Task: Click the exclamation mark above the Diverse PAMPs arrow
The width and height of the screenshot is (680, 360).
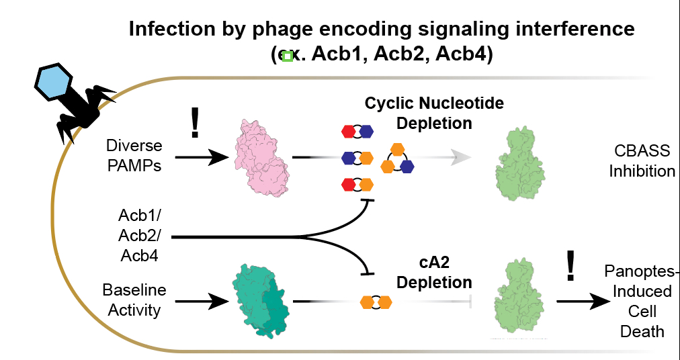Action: [196, 122]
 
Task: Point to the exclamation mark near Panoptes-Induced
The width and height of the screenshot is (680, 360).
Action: [570, 265]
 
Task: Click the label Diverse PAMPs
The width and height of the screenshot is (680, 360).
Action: [134, 156]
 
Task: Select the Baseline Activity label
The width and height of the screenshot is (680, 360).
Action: [134, 300]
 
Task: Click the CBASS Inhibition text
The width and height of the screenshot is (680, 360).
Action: [642, 161]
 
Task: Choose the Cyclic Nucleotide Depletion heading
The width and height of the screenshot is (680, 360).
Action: [434, 114]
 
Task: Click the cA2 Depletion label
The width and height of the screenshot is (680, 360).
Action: [434, 272]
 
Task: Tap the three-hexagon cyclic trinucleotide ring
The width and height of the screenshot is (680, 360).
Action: [398, 158]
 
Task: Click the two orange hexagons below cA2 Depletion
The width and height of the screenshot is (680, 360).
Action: [376, 302]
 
